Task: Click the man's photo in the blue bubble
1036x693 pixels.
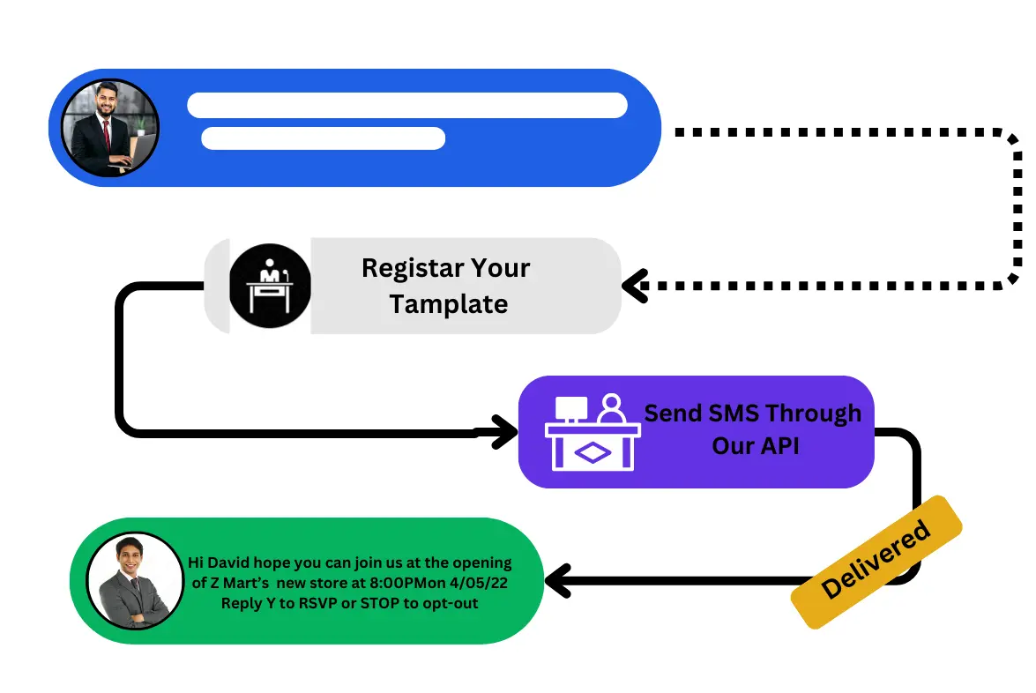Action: pyautogui.click(x=109, y=128)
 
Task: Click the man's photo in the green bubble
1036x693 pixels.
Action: pyautogui.click(x=135, y=580)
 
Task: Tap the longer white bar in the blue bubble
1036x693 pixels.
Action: pyautogui.click(x=406, y=105)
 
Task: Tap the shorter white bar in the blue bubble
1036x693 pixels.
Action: pyautogui.click(x=323, y=138)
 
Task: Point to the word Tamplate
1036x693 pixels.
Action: pyautogui.click(x=448, y=304)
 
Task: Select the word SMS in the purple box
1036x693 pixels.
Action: pyautogui.click(x=734, y=413)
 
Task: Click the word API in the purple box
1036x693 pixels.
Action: pyautogui.click(x=779, y=445)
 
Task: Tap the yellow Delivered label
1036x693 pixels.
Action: pyautogui.click(x=875, y=562)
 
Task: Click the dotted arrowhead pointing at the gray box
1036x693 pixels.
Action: pyautogui.click(x=633, y=286)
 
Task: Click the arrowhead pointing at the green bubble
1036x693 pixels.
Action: pyautogui.click(x=555, y=581)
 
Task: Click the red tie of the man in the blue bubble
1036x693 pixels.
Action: pyautogui.click(x=106, y=135)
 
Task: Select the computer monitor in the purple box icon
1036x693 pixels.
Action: pyautogui.click(x=571, y=408)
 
